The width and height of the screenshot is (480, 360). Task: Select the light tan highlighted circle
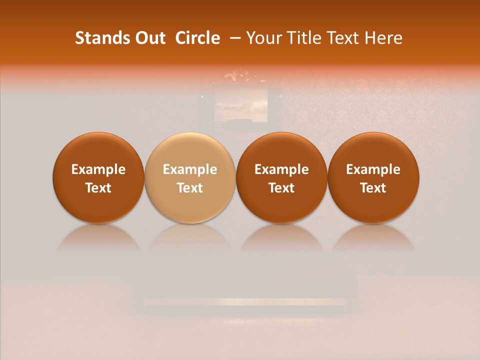(190, 178)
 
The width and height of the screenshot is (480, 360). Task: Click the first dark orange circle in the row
(98, 178)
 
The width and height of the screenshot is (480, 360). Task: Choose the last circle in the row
(373, 178)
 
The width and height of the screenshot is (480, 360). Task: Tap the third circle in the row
(281, 178)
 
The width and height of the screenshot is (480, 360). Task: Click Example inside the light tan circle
(190, 169)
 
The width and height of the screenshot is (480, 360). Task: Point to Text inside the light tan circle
(190, 188)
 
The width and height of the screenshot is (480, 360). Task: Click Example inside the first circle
(98, 169)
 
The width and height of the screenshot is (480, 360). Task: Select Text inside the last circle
(373, 188)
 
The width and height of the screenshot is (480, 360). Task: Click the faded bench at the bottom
(245, 295)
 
